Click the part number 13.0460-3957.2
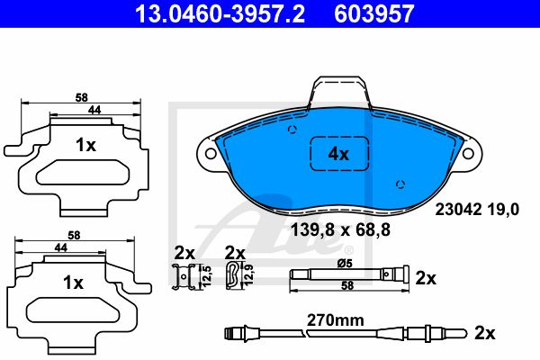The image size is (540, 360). click(220, 13)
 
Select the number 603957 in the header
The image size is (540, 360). click(374, 13)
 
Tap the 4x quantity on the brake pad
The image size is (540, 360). click(338, 154)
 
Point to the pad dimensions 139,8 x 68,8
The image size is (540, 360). click(340, 229)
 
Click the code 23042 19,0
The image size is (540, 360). click(477, 210)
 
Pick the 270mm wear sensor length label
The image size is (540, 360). click(336, 320)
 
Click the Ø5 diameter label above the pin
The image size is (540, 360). click(345, 264)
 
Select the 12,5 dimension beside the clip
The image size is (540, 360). click(206, 276)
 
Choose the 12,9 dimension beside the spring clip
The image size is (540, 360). click(249, 274)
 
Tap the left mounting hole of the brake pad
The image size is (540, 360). click(211, 153)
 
